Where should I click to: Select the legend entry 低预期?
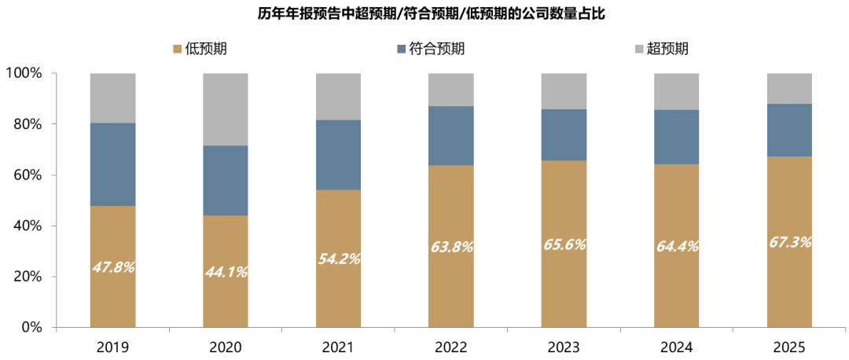pos(200,49)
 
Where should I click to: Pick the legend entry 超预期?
pos(667,49)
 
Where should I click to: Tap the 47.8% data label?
pos(112,267)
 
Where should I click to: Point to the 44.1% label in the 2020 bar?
pos(226,272)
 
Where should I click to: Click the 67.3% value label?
pos(789,241)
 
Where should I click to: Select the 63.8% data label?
pos(451,247)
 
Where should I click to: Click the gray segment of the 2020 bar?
pos(226,109)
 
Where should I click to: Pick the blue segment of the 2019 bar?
pos(112,164)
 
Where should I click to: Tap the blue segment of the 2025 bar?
pos(789,130)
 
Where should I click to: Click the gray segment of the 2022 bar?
pos(451,90)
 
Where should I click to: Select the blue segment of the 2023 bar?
pos(564,134)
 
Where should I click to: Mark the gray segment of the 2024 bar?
pos(677,91)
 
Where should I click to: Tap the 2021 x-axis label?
pos(338,347)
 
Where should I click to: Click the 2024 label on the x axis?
pos(677,347)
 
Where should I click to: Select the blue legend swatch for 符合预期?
pos(402,50)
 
